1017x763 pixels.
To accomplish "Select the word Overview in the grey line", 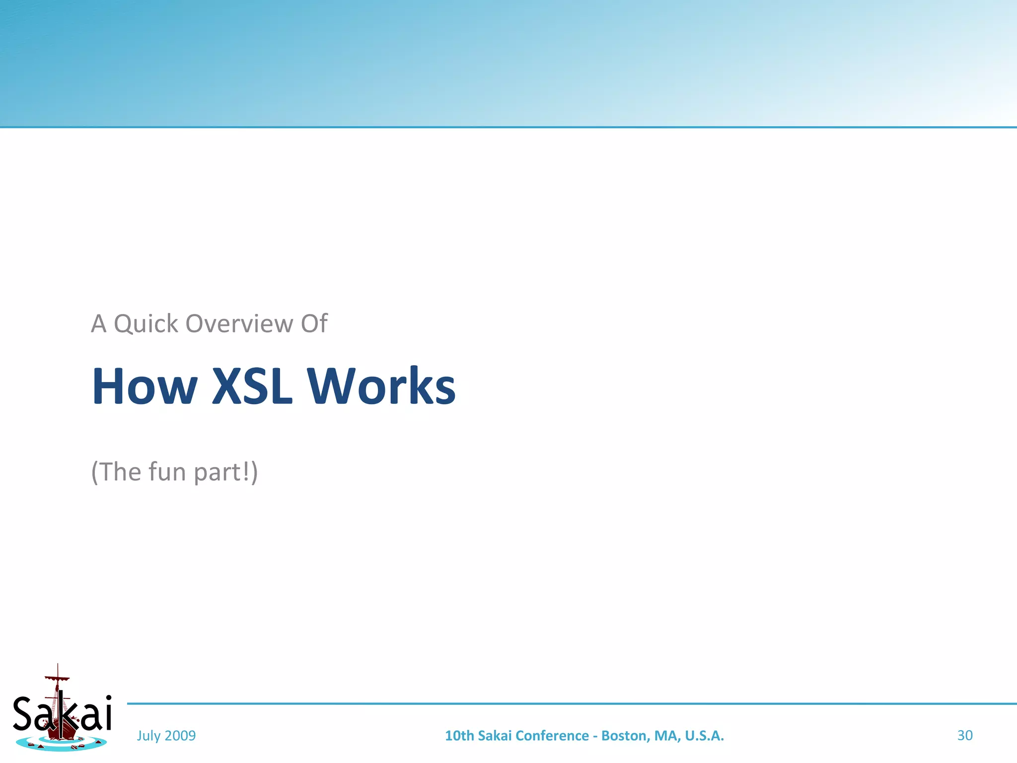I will tap(239, 324).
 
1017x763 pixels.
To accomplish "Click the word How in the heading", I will tap(145, 386).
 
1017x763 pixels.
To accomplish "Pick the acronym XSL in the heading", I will tap(252, 386).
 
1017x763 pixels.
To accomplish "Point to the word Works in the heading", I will tap(381, 386).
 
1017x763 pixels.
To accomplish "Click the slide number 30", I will tap(964, 735).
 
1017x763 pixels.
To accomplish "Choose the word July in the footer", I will tap(148, 736).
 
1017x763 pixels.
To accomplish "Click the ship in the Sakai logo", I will tap(61, 715).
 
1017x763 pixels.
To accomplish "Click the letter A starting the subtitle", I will tap(98, 324).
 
